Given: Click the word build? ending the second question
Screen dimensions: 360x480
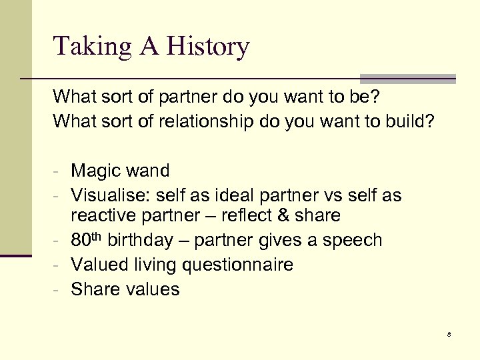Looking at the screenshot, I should [x=409, y=121].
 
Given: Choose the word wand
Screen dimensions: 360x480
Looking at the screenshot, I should [x=149, y=171].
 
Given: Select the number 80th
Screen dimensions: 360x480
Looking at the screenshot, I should [x=86, y=239].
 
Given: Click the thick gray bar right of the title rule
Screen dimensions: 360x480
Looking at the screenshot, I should [x=407, y=79].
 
